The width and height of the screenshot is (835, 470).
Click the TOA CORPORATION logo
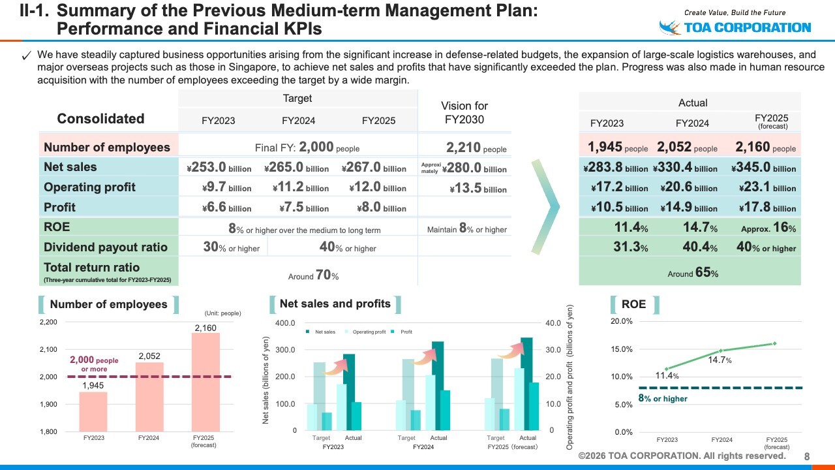(x=735, y=27)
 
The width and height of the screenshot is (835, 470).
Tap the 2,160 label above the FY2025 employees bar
(x=205, y=327)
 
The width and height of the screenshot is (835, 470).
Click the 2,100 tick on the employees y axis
(x=48, y=350)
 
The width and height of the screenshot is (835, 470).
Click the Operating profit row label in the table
(x=89, y=187)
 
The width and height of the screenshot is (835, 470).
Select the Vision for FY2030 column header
(x=464, y=112)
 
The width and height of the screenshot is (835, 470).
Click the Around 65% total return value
(x=693, y=274)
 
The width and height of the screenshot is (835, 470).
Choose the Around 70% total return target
(x=313, y=275)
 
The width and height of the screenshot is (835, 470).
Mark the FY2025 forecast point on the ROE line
(x=775, y=343)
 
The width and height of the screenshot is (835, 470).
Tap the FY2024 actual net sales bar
(x=438, y=386)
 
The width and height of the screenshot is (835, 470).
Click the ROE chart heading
(x=634, y=304)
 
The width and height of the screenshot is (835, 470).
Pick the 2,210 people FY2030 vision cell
(x=476, y=148)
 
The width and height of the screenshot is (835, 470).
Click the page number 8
(x=807, y=456)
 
